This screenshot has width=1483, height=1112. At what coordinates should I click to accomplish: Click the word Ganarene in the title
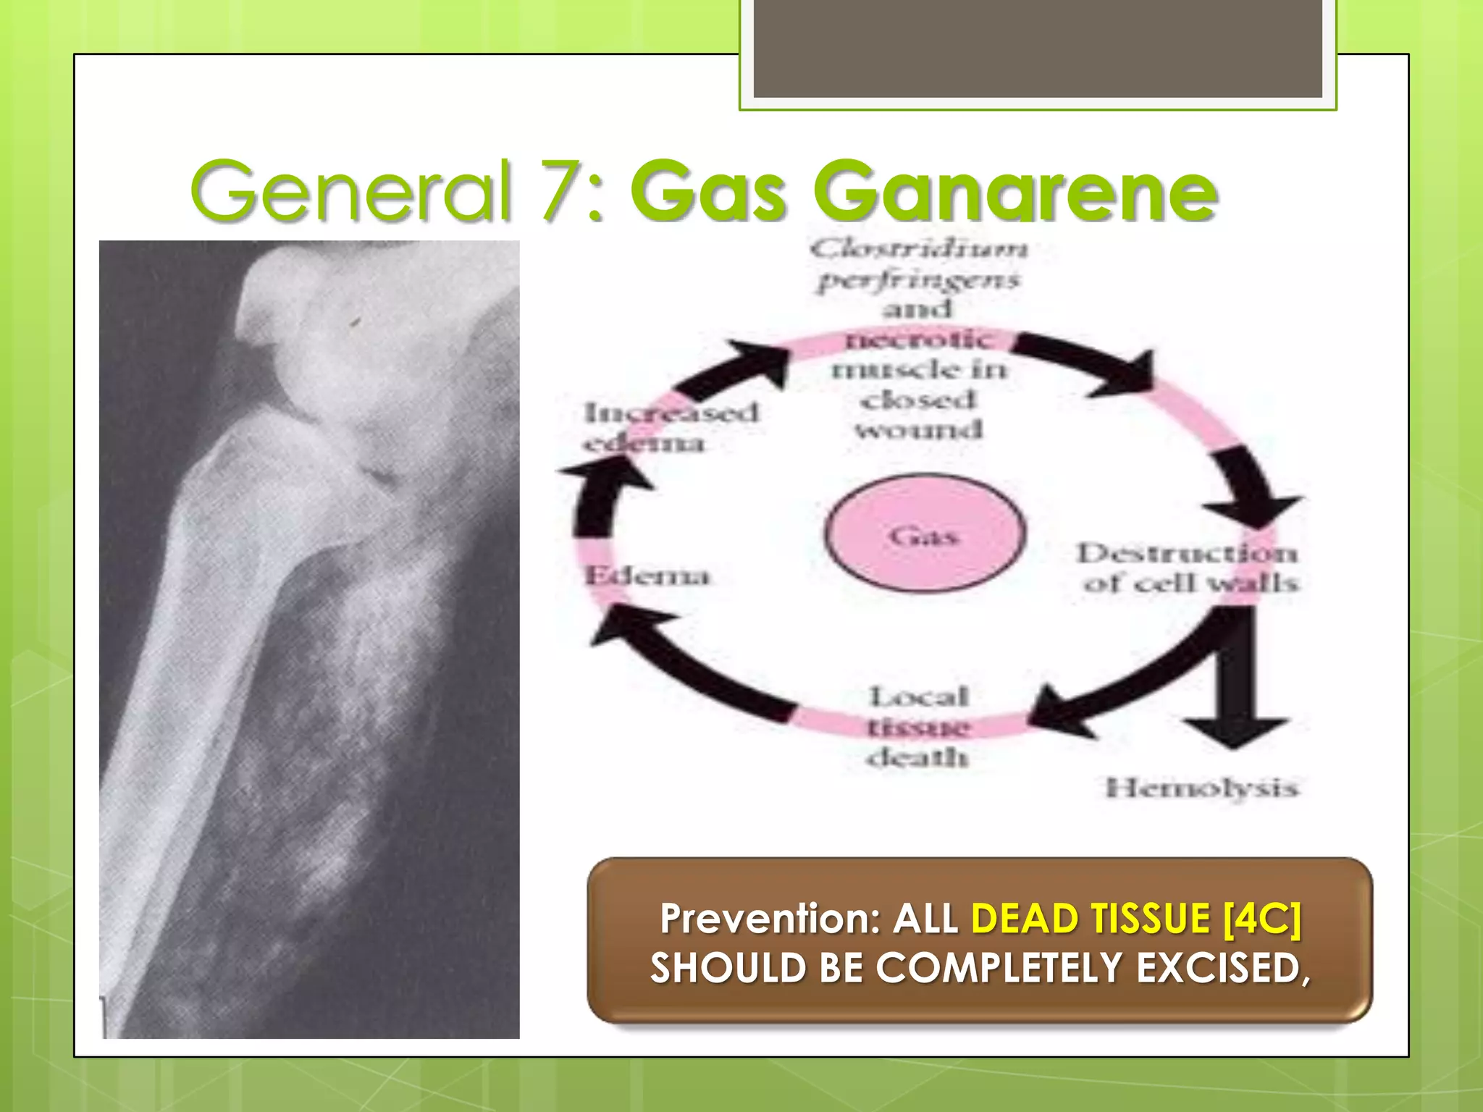[x=1015, y=192]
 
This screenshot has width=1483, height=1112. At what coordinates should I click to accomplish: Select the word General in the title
[x=350, y=190]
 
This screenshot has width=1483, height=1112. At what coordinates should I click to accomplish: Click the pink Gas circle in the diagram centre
[x=924, y=534]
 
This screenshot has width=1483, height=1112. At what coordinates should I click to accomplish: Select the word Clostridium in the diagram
[x=918, y=249]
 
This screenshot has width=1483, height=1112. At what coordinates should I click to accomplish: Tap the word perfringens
[x=918, y=280]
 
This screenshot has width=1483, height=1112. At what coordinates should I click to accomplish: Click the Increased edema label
[x=671, y=427]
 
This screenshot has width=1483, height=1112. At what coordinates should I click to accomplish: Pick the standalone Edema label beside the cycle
[x=647, y=576]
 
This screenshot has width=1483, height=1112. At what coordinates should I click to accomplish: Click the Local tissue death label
[x=917, y=726]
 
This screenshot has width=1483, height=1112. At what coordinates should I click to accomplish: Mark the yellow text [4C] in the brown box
[x=1261, y=918]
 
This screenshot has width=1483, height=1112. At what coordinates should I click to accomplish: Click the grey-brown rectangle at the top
[x=1038, y=49]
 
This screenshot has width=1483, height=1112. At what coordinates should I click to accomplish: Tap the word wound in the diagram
[x=918, y=430]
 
